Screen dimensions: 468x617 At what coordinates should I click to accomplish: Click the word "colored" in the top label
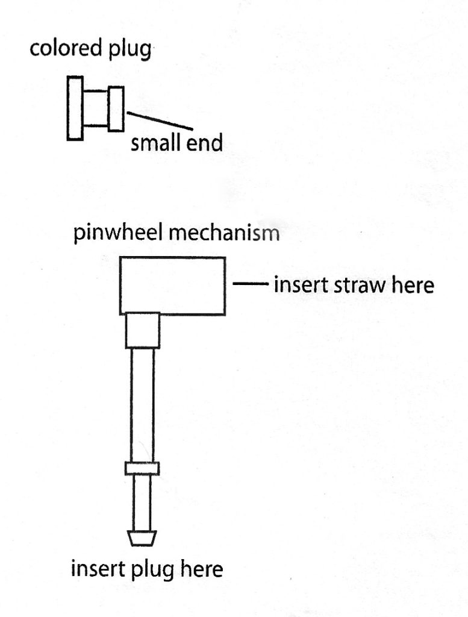point(65,48)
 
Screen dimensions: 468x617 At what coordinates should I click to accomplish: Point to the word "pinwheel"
point(118,233)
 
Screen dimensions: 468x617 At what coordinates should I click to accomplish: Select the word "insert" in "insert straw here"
point(301,284)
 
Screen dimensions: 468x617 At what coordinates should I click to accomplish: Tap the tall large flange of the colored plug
point(75,108)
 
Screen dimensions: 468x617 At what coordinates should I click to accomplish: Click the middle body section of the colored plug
point(95,108)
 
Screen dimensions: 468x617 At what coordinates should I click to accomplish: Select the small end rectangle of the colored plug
point(116,108)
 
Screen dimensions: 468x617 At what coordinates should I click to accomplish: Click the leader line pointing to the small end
point(160,121)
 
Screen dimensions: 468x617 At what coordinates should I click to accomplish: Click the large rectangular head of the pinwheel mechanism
point(173,286)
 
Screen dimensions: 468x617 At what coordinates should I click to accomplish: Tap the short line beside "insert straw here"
point(251,283)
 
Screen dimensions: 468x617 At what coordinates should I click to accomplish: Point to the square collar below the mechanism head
point(143,330)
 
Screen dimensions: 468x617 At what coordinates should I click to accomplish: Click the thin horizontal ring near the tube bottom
point(142,468)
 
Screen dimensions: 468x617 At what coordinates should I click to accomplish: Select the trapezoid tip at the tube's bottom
point(142,538)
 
